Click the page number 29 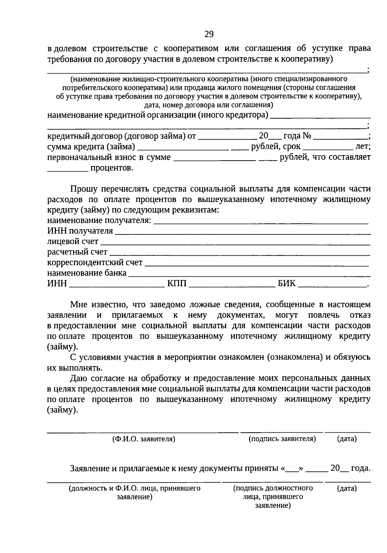(x=209, y=34)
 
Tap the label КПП (x=177, y=284)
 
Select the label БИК (x=286, y=284)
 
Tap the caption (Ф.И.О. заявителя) (x=144, y=439)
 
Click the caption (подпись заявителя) (x=282, y=439)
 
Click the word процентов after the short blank (x=112, y=168)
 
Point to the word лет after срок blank (x=362, y=147)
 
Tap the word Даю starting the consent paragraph (x=78, y=378)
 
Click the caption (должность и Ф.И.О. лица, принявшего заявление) (x=134, y=492)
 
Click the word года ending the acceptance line (x=360, y=468)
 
